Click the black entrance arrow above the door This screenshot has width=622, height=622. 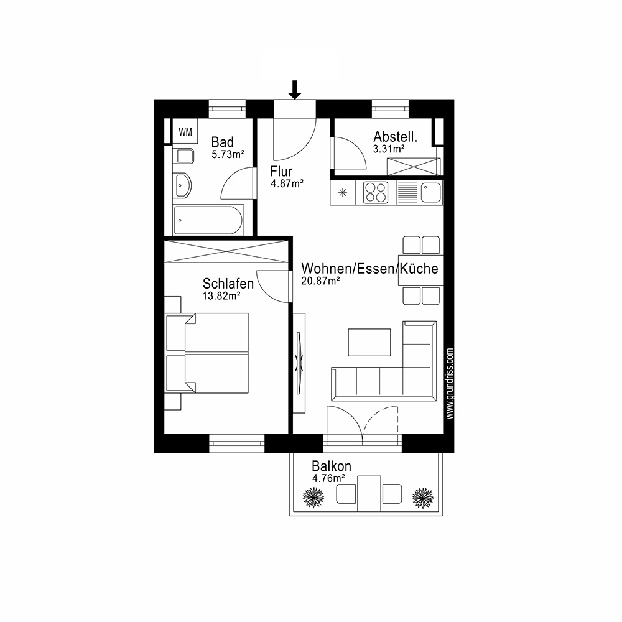[x=295, y=90]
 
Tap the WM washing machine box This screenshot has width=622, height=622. [x=185, y=131]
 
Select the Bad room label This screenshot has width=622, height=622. [x=222, y=142]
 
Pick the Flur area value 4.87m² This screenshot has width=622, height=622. [x=287, y=183]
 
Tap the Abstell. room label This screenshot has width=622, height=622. [x=394, y=137]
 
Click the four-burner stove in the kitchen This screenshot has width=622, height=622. [x=376, y=192]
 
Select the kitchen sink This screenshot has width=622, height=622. [x=430, y=192]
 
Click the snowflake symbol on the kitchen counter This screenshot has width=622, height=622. [x=341, y=193]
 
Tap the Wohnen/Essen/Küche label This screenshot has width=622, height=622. [x=369, y=269]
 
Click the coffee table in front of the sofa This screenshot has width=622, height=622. [x=369, y=342]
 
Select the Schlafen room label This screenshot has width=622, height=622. [x=228, y=284]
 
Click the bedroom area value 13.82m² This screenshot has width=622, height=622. [x=221, y=296]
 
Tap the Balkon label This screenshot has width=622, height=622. [x=332, y=466]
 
